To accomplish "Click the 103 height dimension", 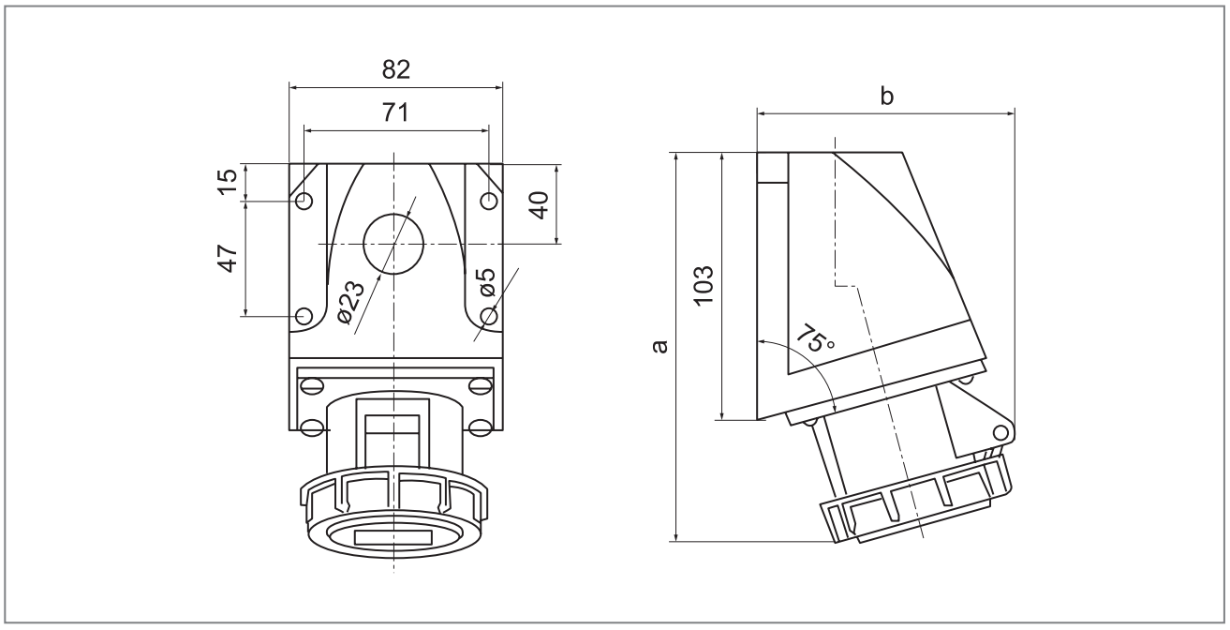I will click(705, 285).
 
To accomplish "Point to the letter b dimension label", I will click(886, 96).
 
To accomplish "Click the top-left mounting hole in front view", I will click(303, 201).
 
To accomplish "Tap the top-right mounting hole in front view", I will click(487, 201).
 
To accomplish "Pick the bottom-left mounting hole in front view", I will click(303, 316).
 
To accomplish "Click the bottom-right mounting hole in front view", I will click(487, 316).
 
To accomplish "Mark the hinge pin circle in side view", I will click(1000, 432).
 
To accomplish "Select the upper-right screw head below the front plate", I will click(479, 382).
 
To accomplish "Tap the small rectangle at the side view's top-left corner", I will click(772, 166).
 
